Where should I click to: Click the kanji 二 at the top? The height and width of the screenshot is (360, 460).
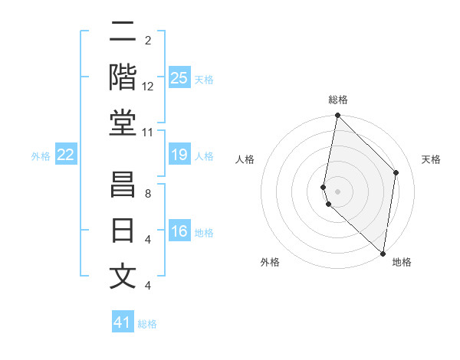click(x=123, y=33)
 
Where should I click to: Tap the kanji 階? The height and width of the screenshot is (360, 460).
click(x=123, y=78)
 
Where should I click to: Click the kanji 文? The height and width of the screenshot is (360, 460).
click(x=123, y=277)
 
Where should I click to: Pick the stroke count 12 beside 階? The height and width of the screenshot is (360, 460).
click(x=148, y=87)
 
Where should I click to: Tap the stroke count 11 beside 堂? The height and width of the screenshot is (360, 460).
click(x=148, y=133)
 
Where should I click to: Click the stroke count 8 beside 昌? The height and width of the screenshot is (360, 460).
click(x=148, y=194)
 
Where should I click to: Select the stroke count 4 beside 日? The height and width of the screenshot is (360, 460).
click(x=148, y=240)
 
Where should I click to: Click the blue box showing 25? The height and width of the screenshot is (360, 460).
click(x=179, y=77)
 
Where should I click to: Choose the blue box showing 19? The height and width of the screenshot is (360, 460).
click(x=179, y=155)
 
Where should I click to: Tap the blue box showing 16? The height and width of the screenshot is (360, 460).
click(x=179, y=232)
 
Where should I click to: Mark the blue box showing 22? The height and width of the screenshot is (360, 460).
click(x=66, y=155)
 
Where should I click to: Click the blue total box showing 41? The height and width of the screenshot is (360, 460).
click(x=123, y=322)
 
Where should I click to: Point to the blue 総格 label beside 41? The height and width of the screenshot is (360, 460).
click(x=147, y=324)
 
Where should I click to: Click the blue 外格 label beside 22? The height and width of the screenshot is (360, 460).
click(x=41, y=156)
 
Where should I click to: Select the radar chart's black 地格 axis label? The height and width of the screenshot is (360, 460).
click(x=402, y=262)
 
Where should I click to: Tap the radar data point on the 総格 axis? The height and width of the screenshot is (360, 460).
click(x=337, y=116)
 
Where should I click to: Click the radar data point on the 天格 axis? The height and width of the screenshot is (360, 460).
click(x=396, y=172)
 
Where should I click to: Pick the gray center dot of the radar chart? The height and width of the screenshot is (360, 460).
click(x=337, y=191)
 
